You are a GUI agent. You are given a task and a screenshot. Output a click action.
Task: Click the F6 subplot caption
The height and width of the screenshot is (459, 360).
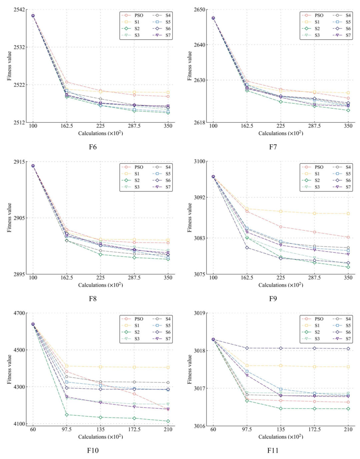93,147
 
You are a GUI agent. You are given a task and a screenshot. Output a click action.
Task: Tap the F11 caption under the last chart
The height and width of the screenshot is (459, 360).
273,451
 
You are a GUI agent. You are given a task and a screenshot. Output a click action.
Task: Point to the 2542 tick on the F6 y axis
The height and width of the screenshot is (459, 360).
19,10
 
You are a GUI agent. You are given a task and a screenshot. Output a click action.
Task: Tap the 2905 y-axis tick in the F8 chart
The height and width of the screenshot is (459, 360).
19,218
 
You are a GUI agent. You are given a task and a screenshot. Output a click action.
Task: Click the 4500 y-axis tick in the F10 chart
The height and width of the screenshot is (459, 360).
19,350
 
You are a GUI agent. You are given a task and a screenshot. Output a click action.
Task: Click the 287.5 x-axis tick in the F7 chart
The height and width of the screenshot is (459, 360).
314,126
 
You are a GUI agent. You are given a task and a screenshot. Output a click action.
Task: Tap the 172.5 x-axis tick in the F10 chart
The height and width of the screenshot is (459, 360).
134,430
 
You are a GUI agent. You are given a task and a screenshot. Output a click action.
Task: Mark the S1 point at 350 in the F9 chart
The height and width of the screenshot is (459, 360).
348,213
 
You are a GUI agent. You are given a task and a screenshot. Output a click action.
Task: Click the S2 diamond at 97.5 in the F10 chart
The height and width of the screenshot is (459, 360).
67,415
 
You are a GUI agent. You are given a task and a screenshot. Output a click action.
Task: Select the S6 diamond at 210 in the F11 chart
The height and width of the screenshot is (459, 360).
348,349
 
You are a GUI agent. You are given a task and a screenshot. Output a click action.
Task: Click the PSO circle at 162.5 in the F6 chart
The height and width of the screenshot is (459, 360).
67,82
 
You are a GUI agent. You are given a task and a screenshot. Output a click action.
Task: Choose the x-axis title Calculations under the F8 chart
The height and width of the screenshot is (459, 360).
100,285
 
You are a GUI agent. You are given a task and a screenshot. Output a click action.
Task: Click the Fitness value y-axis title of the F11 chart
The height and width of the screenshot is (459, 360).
190,369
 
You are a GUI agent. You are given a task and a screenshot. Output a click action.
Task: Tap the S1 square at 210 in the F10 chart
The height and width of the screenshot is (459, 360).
168,368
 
